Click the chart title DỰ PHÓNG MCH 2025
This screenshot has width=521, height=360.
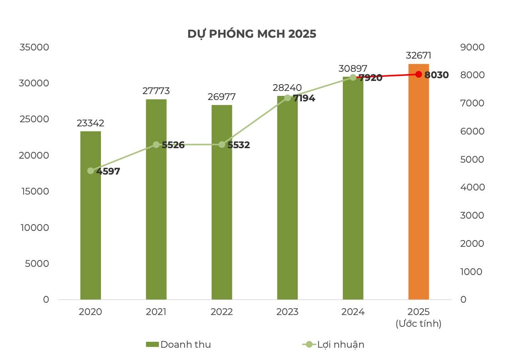[x=251, y=34]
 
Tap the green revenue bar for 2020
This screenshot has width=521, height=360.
[x=90, y=236]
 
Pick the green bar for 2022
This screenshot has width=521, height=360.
[x=222, y=227]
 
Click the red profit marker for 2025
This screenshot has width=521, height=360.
[x=418, y=75]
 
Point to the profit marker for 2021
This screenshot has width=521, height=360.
[x=156, y=145]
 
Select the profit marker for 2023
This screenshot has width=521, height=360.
[x=287, y=98]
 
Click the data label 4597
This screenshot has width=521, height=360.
[x=108, y=172]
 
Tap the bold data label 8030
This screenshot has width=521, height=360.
[x=436, y=75]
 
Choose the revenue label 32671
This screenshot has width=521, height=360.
[x=418, y=56]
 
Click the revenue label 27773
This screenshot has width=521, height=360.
[x=156, y=91]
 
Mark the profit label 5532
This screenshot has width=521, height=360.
[x=239, y=145]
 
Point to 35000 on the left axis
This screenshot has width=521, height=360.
[x=34, y=47]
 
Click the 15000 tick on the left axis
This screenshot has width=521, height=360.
[x=34, y=191]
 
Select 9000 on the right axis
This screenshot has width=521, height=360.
[x=472, y=47]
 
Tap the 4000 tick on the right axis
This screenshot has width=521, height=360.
[x=472, y=187]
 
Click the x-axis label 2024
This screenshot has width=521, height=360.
[x=353, y=312]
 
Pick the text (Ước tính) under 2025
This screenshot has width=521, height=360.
[x=418, y=324]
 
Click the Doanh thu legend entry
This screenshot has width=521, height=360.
[x=178, y=345]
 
